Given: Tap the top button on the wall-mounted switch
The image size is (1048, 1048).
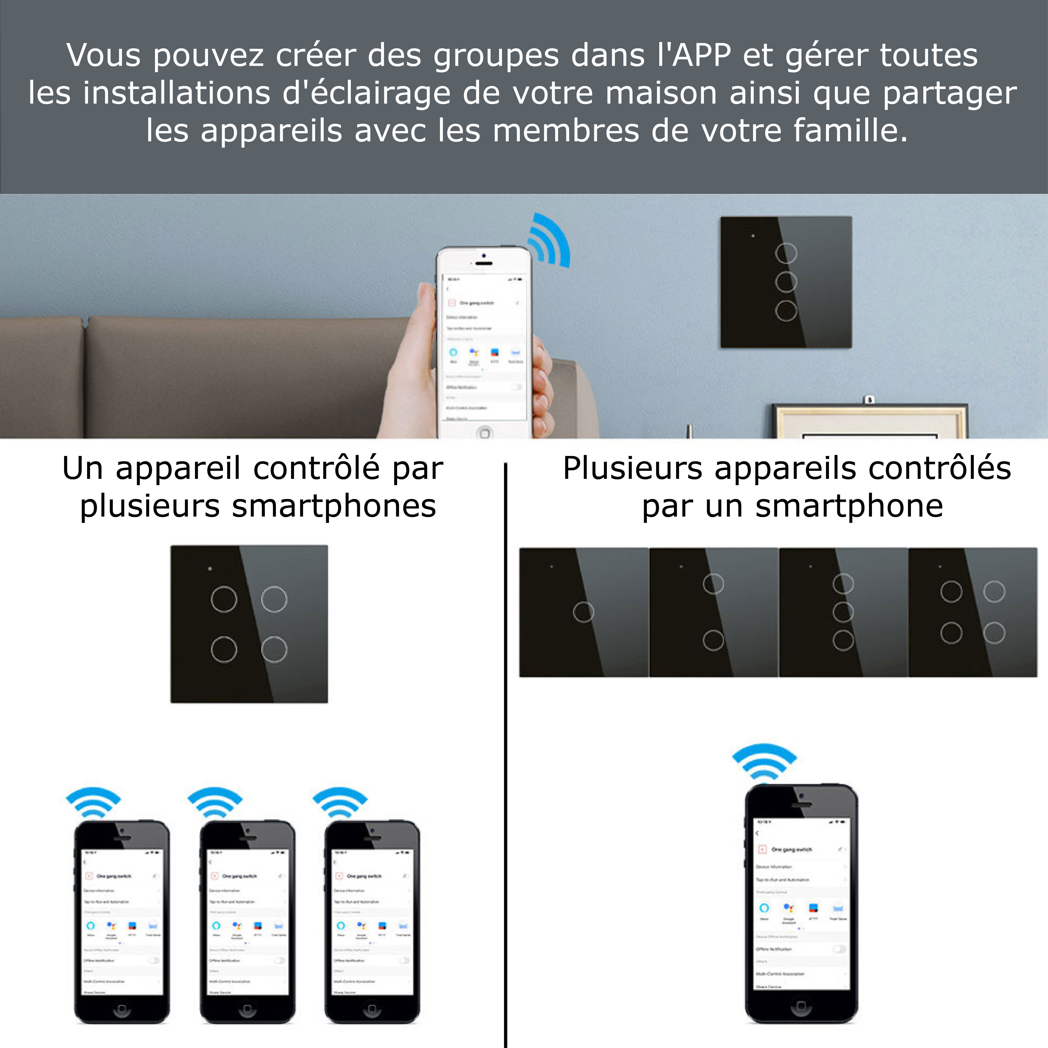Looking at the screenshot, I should pos(786,253).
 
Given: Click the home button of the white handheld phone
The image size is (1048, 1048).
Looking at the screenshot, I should pos(484,433).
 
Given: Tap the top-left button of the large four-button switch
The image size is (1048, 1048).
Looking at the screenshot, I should pos(224,599).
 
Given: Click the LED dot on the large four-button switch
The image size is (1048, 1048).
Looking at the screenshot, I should pos(210,568).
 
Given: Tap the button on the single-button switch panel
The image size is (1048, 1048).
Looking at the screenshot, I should pos(583,612).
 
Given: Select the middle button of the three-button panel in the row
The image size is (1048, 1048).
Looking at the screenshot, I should pos(843,612).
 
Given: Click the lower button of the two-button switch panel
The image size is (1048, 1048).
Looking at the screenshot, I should pos(713,640).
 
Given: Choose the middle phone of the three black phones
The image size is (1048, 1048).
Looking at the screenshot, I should pos(247,922).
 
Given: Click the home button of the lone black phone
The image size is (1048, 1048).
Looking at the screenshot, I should pos(801,1007).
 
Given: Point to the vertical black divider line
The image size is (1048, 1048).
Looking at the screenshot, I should pos(506,760).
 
